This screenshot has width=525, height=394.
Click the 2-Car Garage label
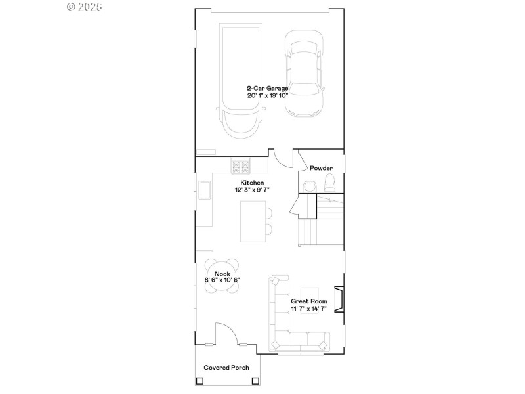click(x=268, y=87)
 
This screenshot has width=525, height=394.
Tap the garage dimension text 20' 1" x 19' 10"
click(x=268, y=95)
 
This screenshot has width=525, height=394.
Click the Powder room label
click(x=321, y=168)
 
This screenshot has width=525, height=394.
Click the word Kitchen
click(x=253, y=182)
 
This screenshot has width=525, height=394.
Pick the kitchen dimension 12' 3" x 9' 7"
click(x=253, y=190)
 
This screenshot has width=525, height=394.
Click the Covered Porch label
click(x=226, y=368)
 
